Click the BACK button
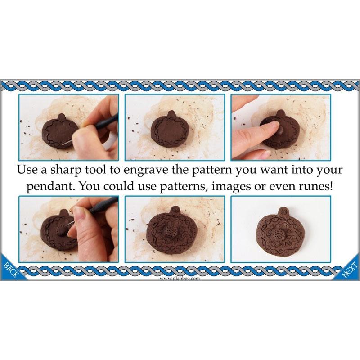pyautogui.click(x=11, y=269)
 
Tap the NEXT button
pyautogui.click(x=350, y=269)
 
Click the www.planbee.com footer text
pyautogui.click(x=180, y=279)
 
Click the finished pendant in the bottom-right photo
pyautogui.click(x=281, y=233)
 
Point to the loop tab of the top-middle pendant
pyautogui.click(x=171, y=114)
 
